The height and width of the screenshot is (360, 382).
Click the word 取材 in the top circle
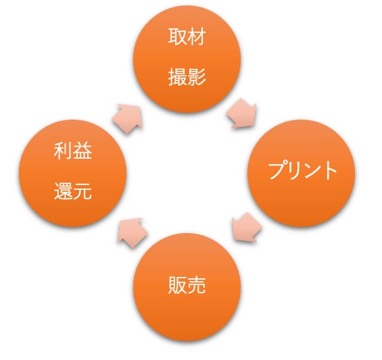187,36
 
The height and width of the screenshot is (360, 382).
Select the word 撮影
187,77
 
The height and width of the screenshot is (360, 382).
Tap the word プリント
303,170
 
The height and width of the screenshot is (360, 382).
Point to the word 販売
187,285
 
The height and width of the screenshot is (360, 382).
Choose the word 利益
73,151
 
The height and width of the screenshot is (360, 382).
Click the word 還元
73,191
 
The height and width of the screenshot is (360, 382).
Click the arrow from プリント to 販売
247,227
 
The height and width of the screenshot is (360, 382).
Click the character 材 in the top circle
197,36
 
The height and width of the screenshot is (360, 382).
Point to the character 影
197,77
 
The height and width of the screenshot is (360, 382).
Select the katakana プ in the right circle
277,170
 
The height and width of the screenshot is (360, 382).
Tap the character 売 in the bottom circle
197,285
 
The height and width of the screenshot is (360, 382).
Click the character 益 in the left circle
82,151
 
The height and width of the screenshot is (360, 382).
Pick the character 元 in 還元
82,191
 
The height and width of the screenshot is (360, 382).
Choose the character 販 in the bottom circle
178,285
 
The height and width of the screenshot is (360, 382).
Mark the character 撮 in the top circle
178,77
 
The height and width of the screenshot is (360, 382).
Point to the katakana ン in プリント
312,170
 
